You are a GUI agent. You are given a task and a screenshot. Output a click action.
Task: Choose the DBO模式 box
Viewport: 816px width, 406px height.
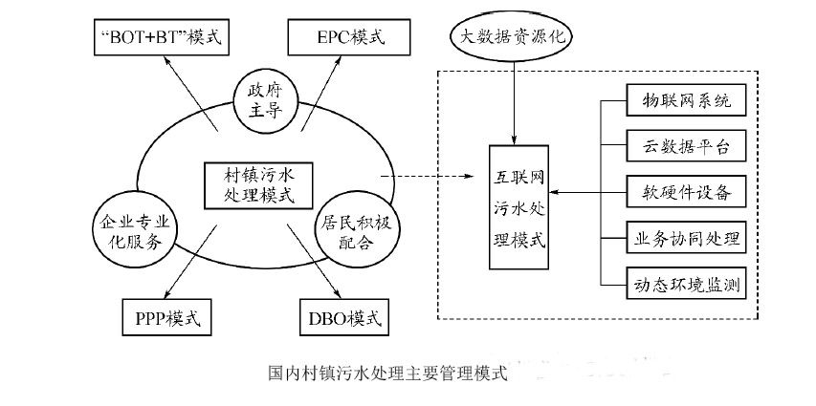click(339, 315)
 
